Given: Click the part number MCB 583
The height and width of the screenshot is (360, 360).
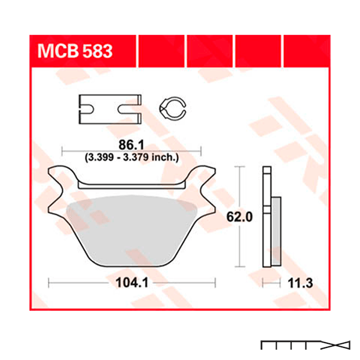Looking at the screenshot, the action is [75, 51].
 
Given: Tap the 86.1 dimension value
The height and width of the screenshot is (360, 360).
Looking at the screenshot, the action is [131, 145].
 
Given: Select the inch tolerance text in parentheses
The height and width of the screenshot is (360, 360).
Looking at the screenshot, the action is [131, 157].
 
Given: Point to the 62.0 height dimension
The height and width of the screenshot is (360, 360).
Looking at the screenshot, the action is [239, 217].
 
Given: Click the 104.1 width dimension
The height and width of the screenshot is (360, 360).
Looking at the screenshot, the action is [132, 283].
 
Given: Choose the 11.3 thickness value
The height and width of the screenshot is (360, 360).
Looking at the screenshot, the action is [301, 283].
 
